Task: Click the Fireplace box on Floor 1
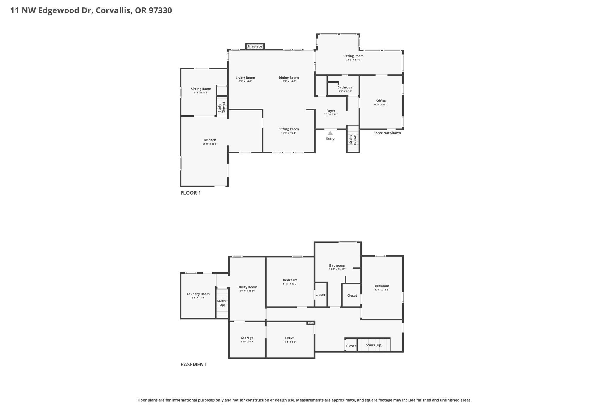click(255, 46)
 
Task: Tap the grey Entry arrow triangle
click(330, 133)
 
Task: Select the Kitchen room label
click(210, 140)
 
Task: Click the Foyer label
click(331, 111)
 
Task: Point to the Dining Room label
click(288, 78)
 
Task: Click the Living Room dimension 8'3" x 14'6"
click(245, 81)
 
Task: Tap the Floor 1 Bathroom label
click(345, 87)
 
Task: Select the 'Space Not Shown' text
click(387, 133)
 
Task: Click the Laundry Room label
click(198, 294)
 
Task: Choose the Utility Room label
click(247, 287)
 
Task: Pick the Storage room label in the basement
click(247, 338)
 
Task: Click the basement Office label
click(290, 338)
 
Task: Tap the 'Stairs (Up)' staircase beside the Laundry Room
click(222, 303)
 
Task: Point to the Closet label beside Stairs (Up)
click(351, 346)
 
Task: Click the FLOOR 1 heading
click(191, 193)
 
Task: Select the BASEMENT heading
click(194, 364)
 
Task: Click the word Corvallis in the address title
click(114, 11)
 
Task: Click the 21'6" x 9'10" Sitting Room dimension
click(353, 60)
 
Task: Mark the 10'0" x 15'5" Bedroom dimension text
click(382, 290)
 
